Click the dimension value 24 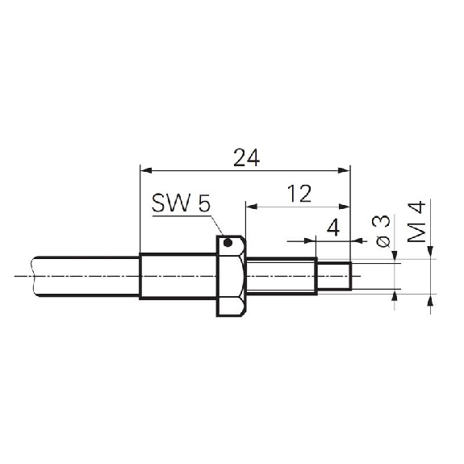click(246, 157)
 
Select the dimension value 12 click(299, 194)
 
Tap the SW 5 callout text click(181, 203)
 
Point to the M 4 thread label click(416, 222)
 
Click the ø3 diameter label click(383, 232)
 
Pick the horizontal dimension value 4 click(333, 228)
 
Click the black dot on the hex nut click(228, 243)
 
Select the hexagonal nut click(231, 276)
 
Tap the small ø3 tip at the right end click(334, 276)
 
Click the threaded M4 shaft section click(281, 276)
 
